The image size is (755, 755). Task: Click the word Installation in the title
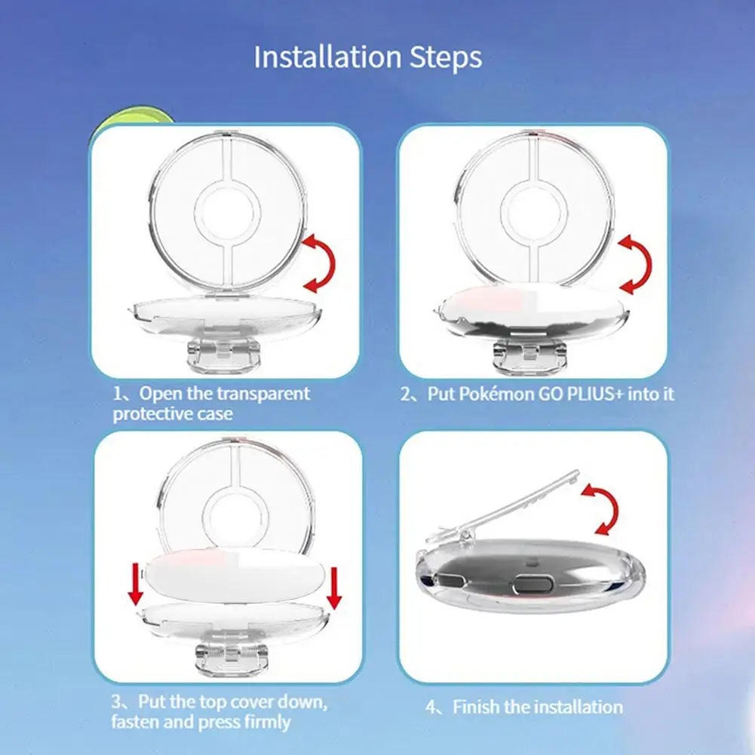(327, 57)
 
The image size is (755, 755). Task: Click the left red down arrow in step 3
(135, 584)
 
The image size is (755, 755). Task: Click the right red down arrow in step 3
(333, 588)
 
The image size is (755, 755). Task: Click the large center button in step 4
(532, 585)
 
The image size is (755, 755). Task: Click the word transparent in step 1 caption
(263, 394)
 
